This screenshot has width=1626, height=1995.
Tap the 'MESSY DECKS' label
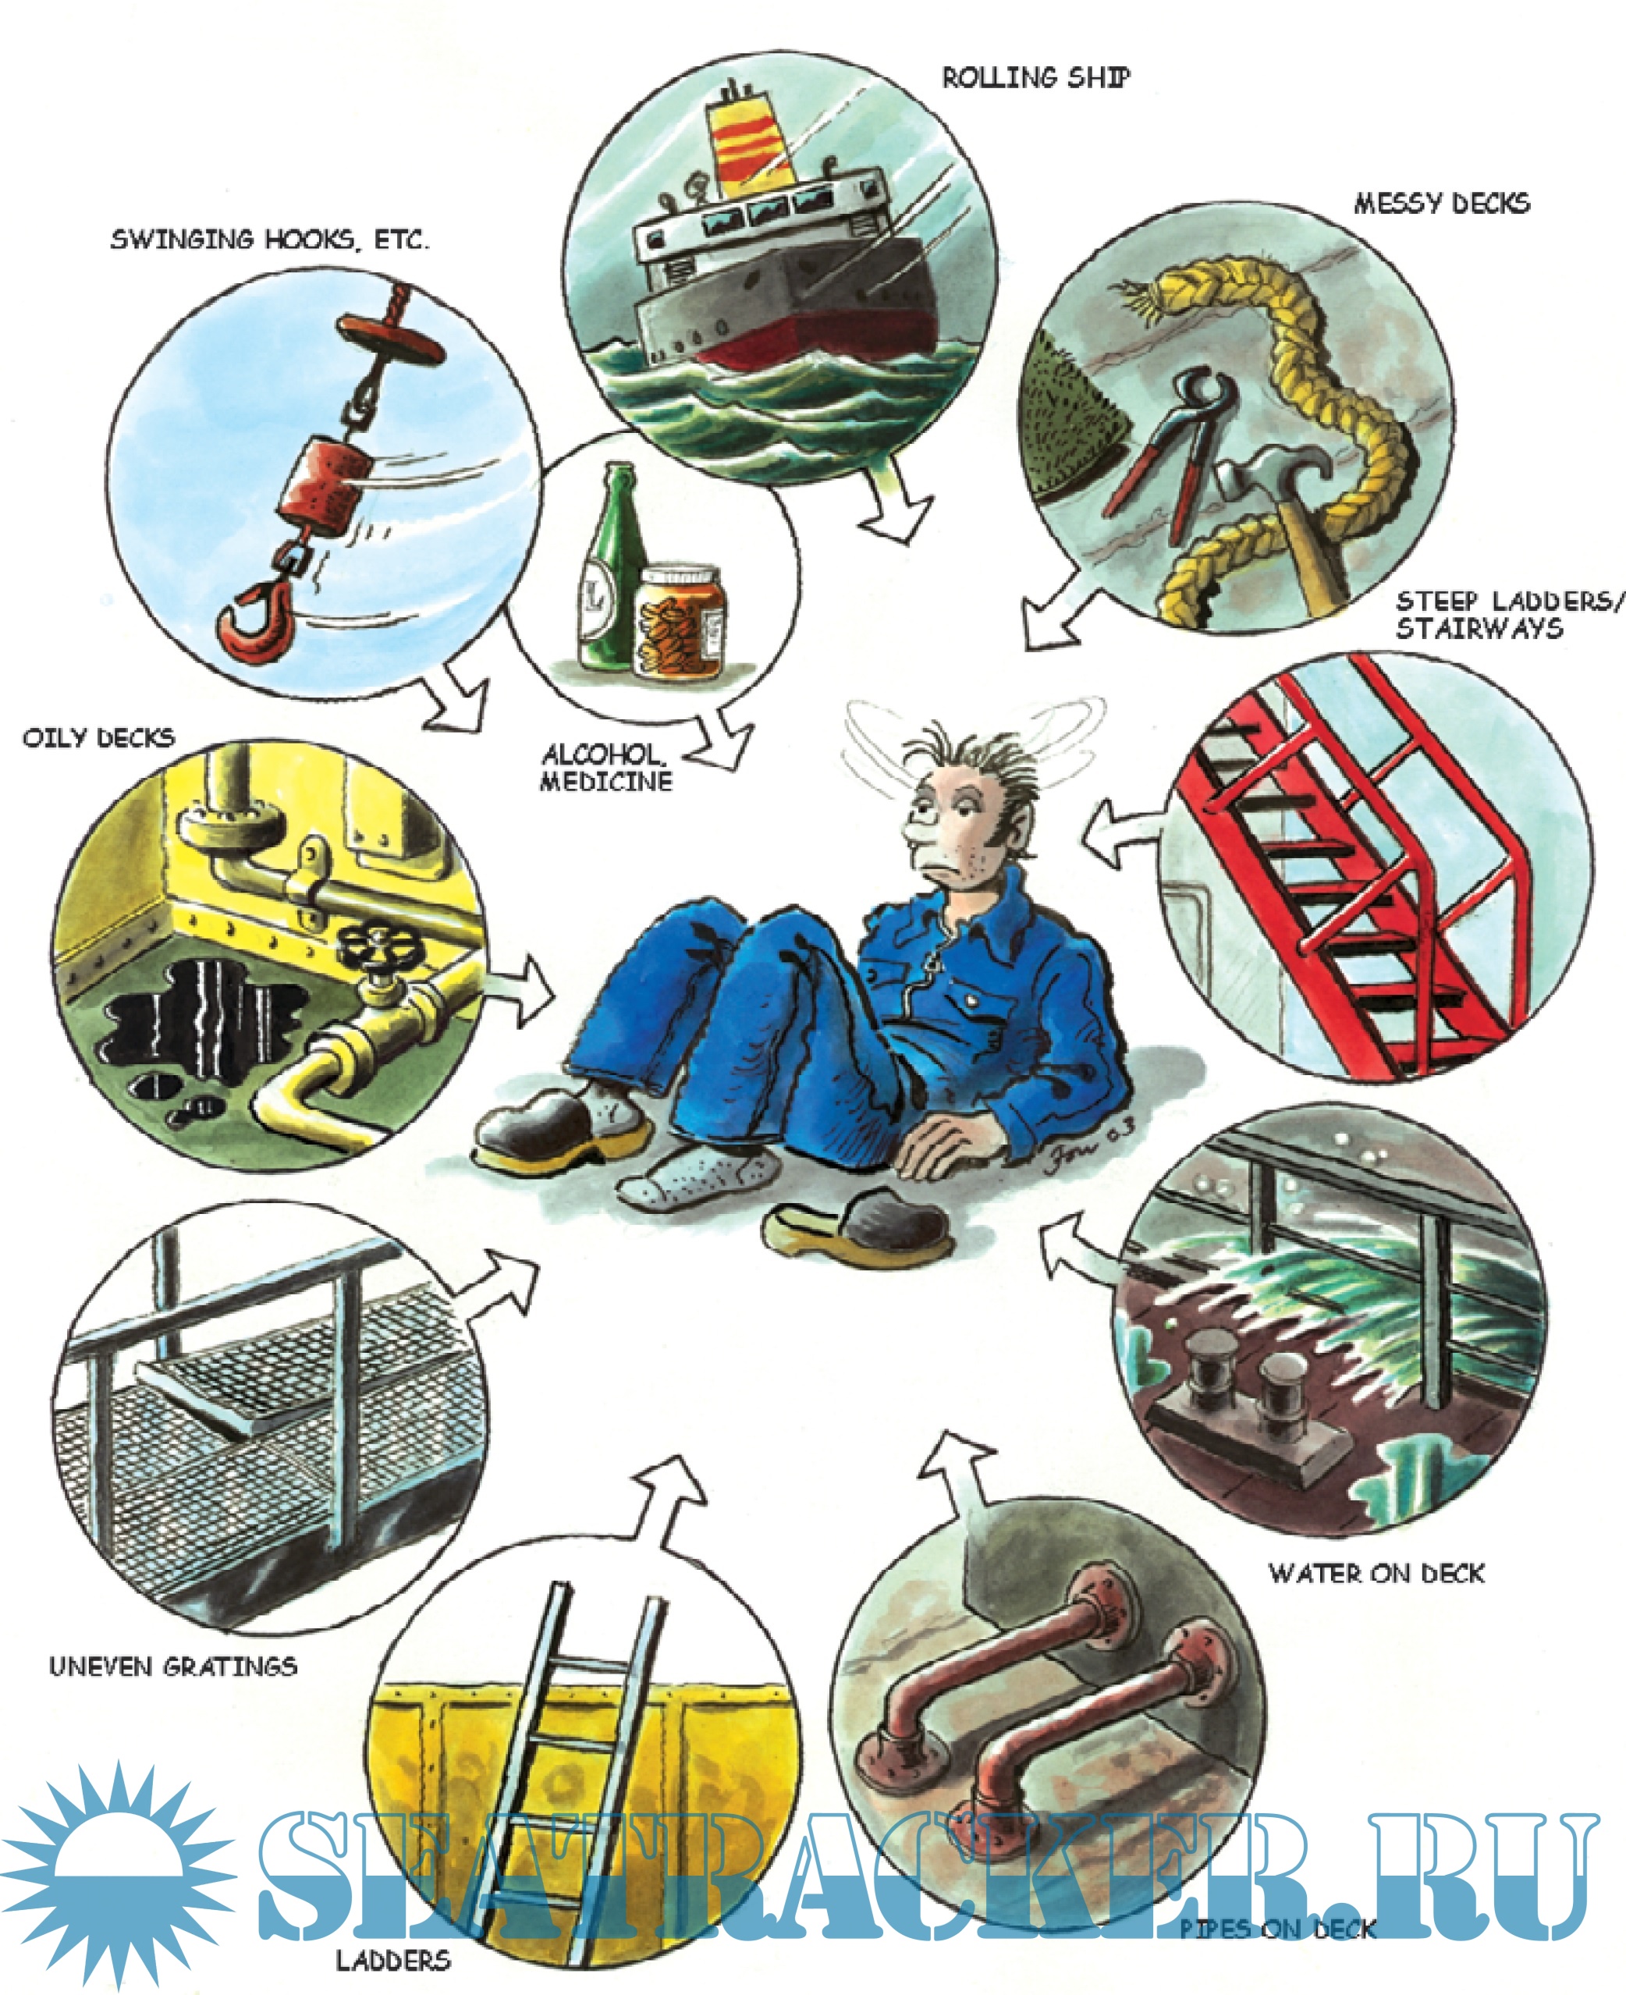(x=1442, y=204)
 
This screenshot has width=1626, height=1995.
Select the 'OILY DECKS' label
(x=98, y=737)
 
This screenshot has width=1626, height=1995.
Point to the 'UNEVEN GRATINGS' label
(x=173, y=1667)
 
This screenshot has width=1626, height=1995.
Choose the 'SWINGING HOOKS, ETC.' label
(x=270, y=239)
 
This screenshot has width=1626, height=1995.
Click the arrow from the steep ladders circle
(x=1124, y=831)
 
